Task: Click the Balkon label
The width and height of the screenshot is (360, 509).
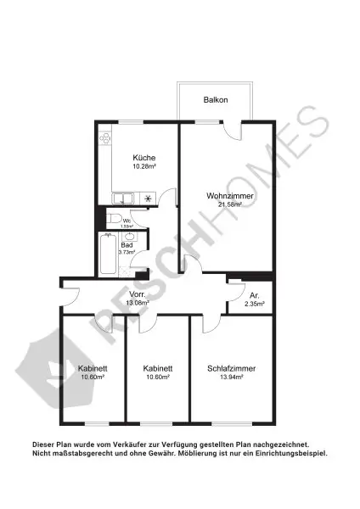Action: (x=216, y=100)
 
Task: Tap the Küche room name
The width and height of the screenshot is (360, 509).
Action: (x=143, y=158)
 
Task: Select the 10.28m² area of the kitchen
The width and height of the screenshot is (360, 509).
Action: (x=143, y=167)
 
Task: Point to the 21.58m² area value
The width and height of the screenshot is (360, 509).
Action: (x=230, y=204)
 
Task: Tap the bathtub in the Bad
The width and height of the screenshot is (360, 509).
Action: (x=108, y=255)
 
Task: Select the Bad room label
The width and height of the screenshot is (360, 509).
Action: (x=127, y=245)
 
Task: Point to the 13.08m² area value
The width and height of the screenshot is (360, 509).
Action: (x=138, y=303)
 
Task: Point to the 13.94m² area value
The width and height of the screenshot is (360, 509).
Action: (x=231, y=378)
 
